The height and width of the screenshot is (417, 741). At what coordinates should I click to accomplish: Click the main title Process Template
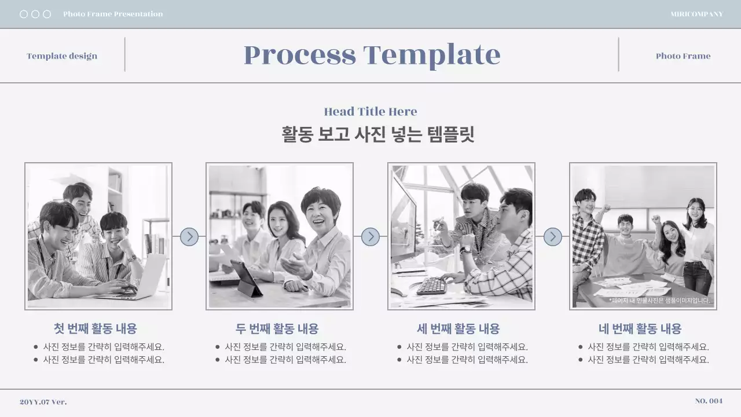click(x=372, y=55)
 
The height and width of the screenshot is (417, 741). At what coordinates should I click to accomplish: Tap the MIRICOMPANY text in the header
click(x=696, y=14)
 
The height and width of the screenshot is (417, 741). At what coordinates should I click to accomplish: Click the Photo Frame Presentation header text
click(x=113, y=14)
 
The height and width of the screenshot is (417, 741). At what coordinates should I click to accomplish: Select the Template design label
click(x=62, y=56)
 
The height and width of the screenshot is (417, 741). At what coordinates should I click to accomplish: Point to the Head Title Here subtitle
click(x=370, y=112)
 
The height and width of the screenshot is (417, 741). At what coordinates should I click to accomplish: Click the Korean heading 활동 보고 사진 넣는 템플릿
click(x=378, y=134)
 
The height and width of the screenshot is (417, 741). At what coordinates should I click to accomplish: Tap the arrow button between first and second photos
click(x=189, y=236)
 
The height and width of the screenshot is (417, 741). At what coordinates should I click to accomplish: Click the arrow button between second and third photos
click(x=370, y=236)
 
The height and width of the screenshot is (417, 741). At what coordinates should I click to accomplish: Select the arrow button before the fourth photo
click(x=553, y=236)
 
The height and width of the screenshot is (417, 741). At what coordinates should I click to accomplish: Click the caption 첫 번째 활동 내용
click(x=96, y=329)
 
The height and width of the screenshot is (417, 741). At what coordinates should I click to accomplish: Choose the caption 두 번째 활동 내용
click(x=277, y=329)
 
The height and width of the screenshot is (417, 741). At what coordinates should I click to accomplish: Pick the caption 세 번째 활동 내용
click(x=458, y=329)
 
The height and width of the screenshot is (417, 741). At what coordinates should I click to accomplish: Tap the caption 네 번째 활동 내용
click(x=640, y=329)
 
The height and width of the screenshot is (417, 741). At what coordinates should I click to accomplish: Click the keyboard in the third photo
click(x=432, y=285)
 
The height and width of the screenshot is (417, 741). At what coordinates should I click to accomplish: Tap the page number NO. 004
click(x=709, y=401)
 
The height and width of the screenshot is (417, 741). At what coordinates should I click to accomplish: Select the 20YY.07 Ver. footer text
click(x=43, y=402)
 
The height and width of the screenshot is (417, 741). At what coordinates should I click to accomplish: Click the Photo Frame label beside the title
click(x=683, y=56)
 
